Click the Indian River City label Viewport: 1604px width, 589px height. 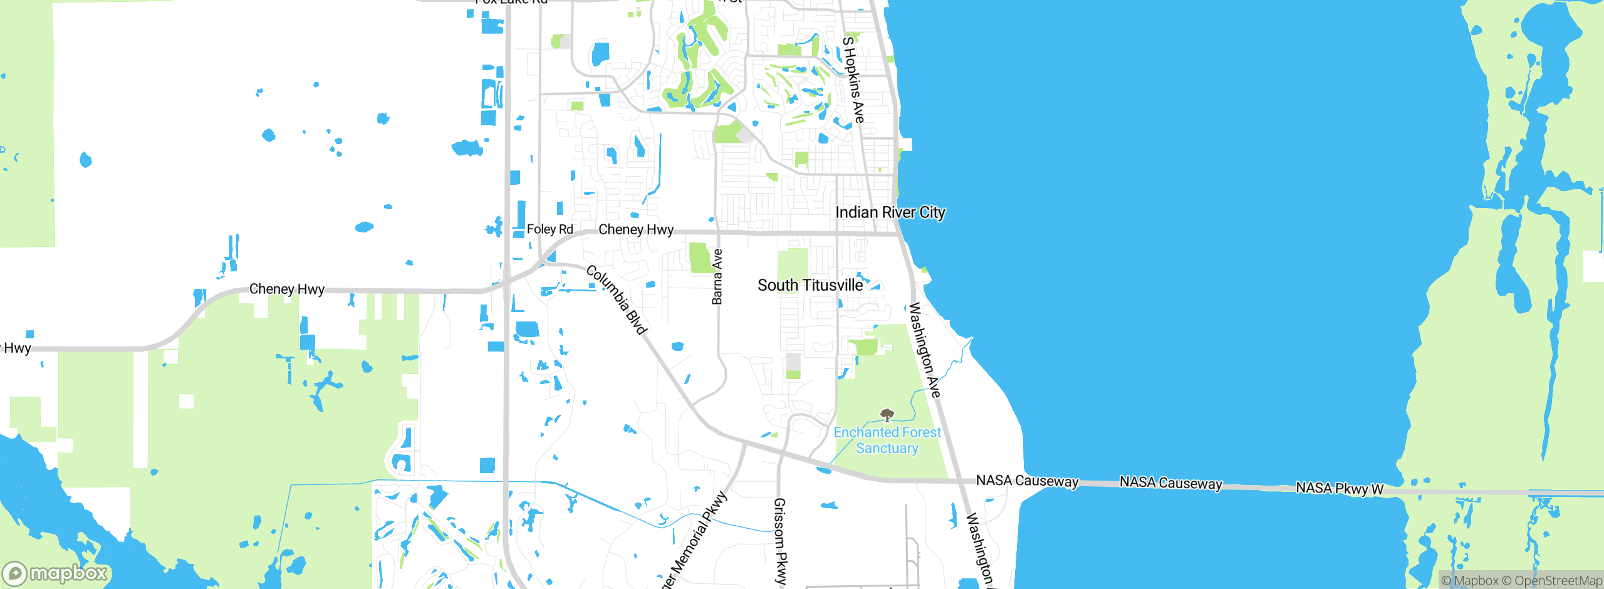point(890,212)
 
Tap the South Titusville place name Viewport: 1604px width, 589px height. point(810,285)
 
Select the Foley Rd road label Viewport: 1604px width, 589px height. point(549,229)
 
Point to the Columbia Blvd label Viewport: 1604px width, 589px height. point(617,300)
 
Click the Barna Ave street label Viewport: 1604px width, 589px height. point(717,276)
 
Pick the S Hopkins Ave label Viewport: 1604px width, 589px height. point(853,80)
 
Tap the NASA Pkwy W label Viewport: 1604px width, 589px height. point(1339,488)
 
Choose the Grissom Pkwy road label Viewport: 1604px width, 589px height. point(780,540)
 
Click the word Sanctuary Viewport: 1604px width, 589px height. point(887,448)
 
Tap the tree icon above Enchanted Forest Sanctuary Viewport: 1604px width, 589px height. point(887,414)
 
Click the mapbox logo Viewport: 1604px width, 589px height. point(55,573)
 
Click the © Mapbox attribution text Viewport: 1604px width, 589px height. point(1470,581)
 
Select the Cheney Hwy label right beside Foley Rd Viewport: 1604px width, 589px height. point(635,229)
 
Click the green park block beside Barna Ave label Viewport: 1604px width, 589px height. point(700,258)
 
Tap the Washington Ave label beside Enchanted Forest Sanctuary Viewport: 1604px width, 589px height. point(925,350)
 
